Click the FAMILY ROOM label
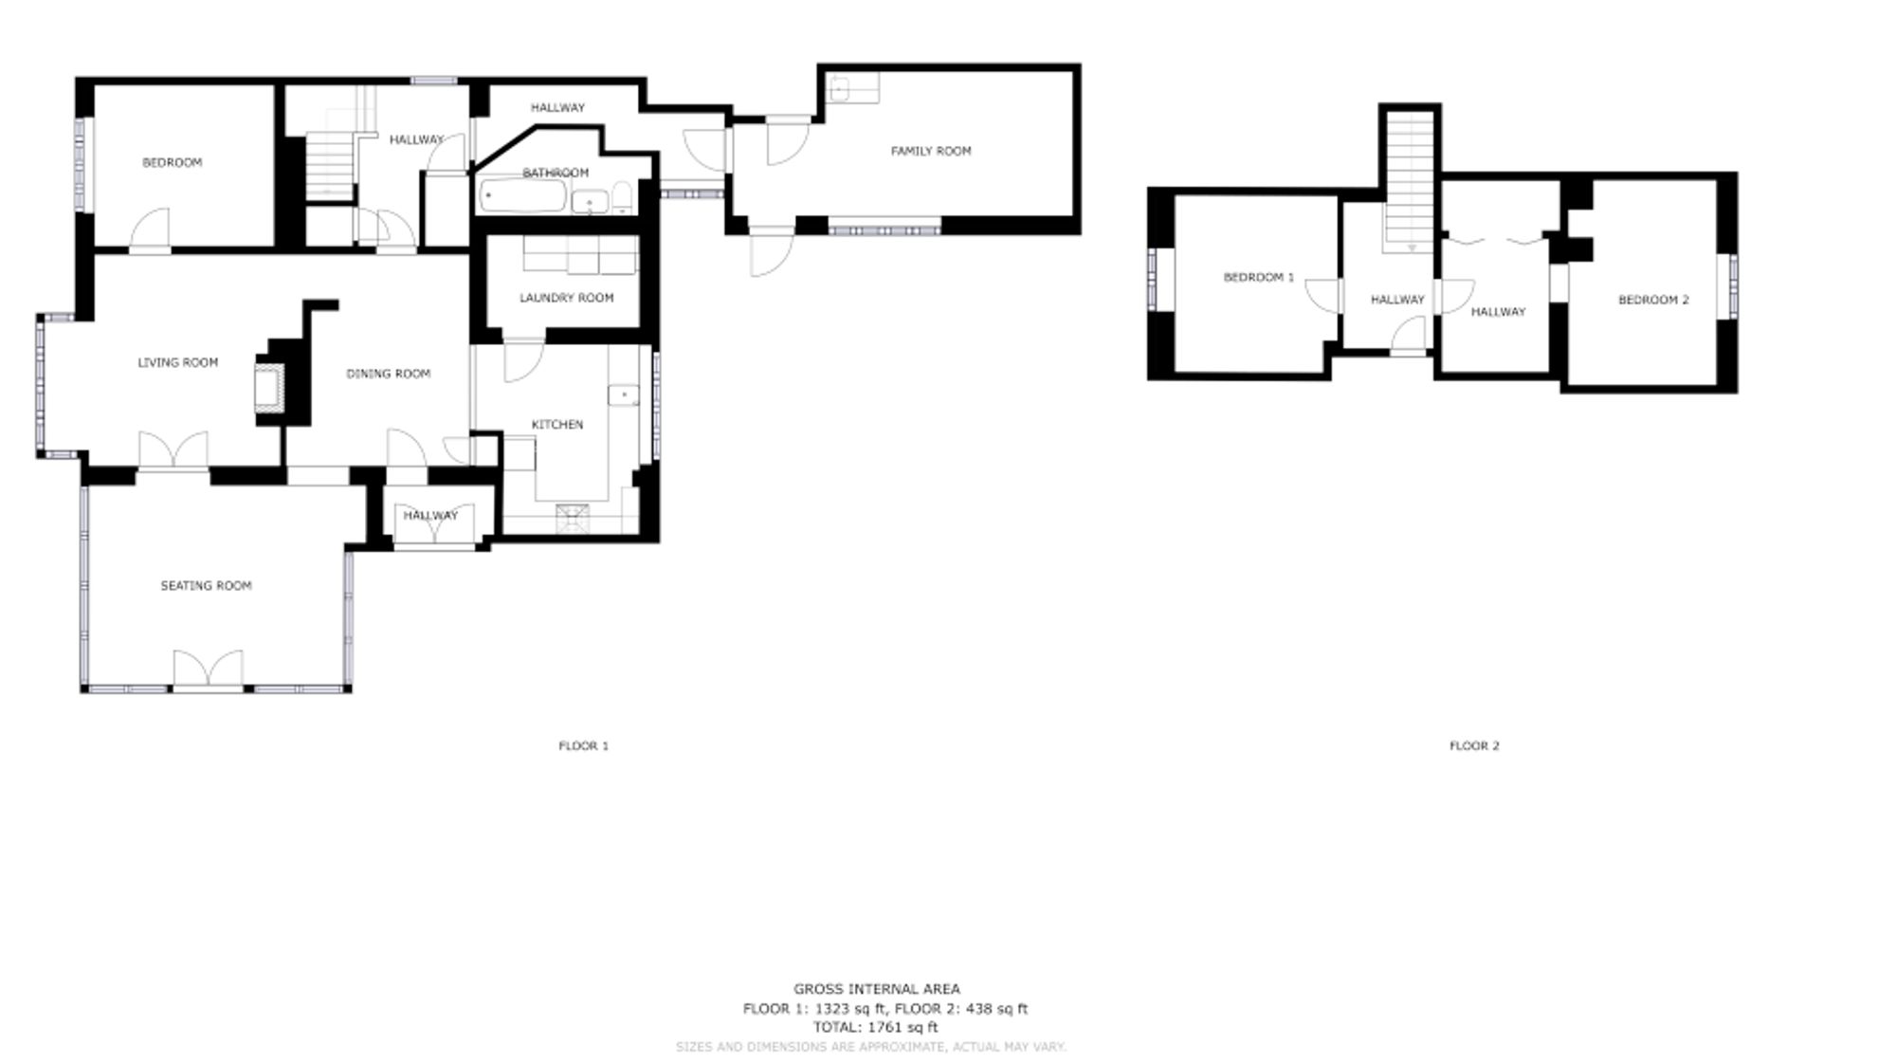[x=930, y=151]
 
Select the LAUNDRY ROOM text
[x=566, y=298]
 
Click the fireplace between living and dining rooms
[x=268, y=387]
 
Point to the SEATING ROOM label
[x=206, y=586]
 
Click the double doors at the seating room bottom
[x=208, y=669]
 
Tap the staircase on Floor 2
[x=1410, y=180]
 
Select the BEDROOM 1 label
[x=1258, y=278]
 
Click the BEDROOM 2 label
[x=1652, y=301]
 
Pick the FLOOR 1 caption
[x=583, y=746]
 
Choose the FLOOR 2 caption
[x=1473, y=746]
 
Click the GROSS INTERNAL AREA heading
[x=876, y=989]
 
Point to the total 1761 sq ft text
[x=874, y=1027]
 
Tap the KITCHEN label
[x=556, y=425]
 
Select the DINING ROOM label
[x=388, y=374]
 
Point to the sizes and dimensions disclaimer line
[x=870, y=1047]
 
